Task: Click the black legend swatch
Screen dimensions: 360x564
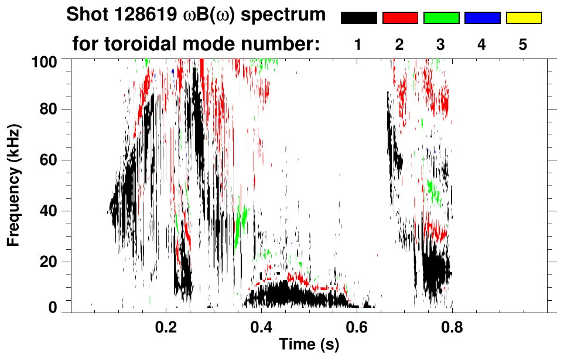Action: [359, 18]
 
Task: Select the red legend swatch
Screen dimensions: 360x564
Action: [400, 18]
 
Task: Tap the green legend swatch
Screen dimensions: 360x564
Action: [441, 18]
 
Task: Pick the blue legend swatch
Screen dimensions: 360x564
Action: [482, 18]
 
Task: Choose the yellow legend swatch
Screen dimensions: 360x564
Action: [523, 18]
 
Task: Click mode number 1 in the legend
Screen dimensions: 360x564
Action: [359, 44]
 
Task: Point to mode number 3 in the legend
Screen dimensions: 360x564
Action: [441, 44]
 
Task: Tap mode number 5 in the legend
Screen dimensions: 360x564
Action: [523, 44]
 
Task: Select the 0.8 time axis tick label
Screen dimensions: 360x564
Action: [452, 328]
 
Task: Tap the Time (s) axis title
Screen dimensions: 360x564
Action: [309, 345]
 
